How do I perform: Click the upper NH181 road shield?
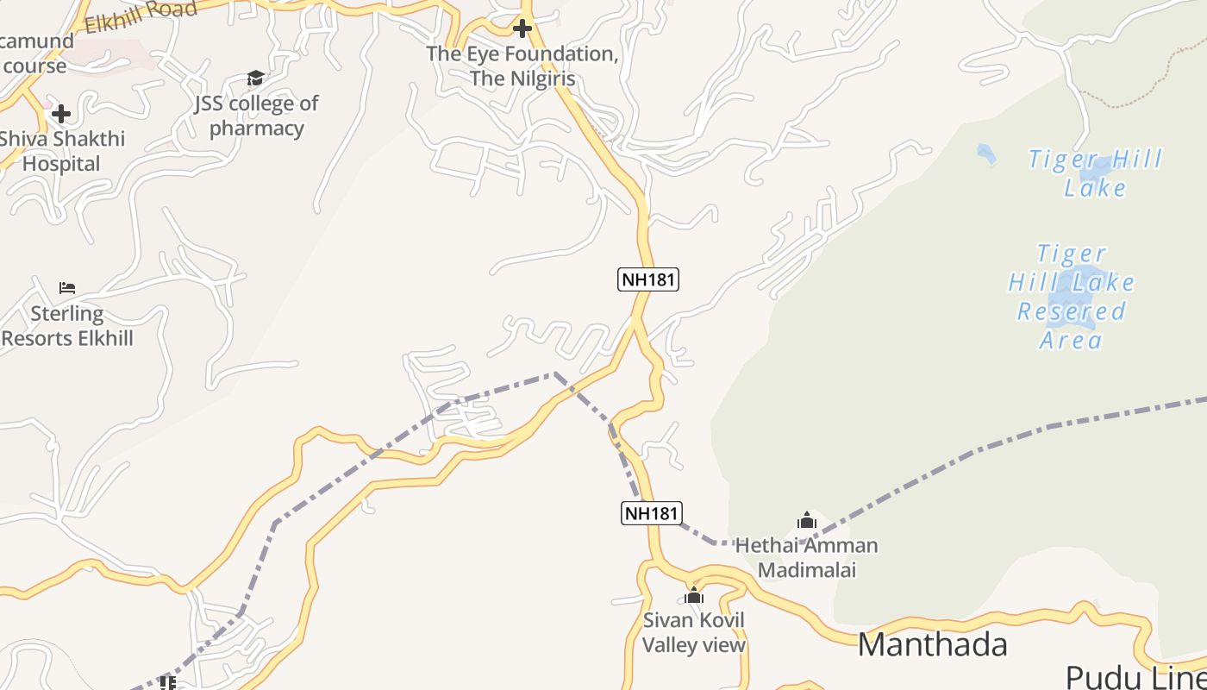tap(648, 279)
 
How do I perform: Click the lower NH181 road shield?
tap(651, 513)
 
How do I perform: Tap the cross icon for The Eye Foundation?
tap(522, 28)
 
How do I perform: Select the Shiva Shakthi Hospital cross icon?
tap(61, 113)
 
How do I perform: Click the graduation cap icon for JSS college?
tap(255, 78)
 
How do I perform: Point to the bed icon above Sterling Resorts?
tap(67, 287)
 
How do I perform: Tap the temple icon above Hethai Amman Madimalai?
tap(807, 520)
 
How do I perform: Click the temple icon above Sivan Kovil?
tap(694, 595)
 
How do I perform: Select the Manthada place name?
tap(932, 645)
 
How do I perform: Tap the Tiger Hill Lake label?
tap(1095, 173)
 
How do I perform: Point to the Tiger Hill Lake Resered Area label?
tap(1072, 297)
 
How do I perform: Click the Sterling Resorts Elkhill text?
tap(67, 326)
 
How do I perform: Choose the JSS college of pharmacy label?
tap(256, 116)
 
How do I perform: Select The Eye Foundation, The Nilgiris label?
tap(522, 66)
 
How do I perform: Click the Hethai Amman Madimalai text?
tap(806, 557)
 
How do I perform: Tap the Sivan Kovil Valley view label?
tap(694, 632)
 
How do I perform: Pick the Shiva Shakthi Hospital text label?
tap(61, 151)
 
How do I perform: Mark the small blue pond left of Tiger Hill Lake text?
tap(986, 154)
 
